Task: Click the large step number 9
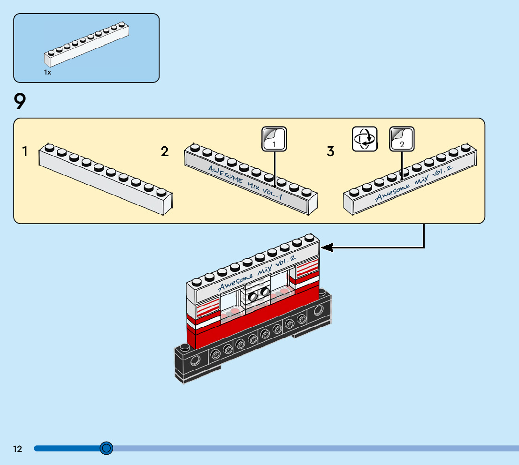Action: [x=20, y=101]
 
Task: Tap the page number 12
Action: [x=17, y=449]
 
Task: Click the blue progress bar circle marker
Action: [x=107, y=449]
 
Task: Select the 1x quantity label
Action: [x=47, y=73]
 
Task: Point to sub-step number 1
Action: [x=25, y=151]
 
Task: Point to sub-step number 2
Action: [x=165, y=151]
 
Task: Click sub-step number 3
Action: [x=331, y=151]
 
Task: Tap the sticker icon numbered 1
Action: [x=274, y=139]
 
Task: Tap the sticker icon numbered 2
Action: [x=402, y=139]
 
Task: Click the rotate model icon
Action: [x=365, y=139]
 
